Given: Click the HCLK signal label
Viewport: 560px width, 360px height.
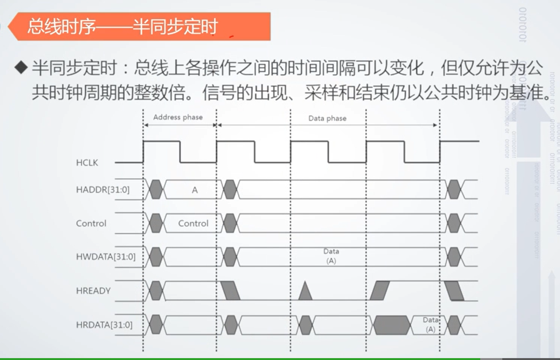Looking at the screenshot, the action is click(87, 163).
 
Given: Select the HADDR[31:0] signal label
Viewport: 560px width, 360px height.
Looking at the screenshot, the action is click(103, 190).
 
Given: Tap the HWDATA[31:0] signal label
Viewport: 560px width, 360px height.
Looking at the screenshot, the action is click(106, 257).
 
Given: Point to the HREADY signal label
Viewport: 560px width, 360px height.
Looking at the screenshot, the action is click(93, 291).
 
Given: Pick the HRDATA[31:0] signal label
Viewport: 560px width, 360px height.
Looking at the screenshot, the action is click(104, 325).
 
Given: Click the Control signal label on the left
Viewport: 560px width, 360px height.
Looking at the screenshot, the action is click(91, 223).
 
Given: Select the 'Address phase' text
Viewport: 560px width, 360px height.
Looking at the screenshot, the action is click(178, 117).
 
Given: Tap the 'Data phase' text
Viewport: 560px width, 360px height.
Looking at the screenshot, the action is click(327, 118).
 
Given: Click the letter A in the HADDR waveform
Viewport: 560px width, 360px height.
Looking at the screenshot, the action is click(195, 190).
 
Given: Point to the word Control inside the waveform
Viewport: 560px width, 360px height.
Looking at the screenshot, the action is click(193, 223).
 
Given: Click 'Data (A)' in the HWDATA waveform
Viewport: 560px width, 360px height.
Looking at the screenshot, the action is click(331, 256).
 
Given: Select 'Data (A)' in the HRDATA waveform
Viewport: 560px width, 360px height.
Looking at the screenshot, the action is click(430, 324).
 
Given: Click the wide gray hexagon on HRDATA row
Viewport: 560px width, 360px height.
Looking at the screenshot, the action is click(392, 325).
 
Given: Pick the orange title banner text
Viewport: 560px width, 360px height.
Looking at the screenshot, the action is click(122, 27).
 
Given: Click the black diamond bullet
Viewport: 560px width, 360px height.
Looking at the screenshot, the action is click(21, 68).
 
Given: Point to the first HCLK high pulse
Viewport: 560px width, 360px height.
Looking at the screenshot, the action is click(161, 142).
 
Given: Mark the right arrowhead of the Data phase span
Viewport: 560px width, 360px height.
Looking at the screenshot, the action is click(435, 125).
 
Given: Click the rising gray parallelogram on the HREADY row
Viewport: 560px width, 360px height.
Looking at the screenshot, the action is click(380, 291).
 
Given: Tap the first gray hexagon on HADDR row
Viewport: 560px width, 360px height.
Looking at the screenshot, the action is click(156, 189).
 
